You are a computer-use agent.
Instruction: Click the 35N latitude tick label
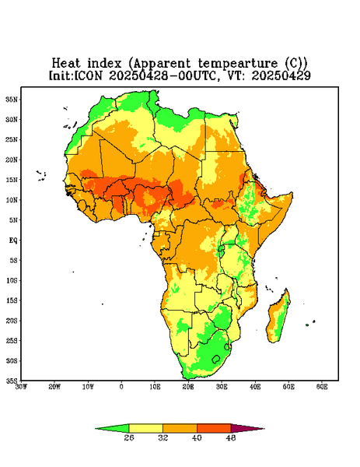tap(12, 99)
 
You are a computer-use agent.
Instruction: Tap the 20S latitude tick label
tap(12, 321)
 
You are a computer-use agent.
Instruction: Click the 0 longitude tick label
tap(121, 387)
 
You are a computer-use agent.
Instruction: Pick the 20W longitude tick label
tap(54, 387)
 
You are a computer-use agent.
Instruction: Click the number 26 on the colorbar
tap(129, 437)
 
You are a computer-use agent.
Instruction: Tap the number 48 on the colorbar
tap(231, 437)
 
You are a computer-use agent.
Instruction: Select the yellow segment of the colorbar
tap(145, 429)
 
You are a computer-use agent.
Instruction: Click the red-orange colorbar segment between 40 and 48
tap(214, 429)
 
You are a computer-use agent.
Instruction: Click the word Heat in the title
tap(66, 64)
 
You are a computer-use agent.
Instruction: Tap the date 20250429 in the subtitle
tap(281, 75)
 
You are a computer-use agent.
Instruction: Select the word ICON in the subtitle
tap(88, 75)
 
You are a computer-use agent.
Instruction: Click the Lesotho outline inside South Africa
tap(216, 359)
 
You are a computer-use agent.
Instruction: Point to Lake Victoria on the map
tap(222, 249)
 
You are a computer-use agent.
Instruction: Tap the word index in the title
tap(104, 64)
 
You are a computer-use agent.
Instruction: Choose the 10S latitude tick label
tap(12, 280)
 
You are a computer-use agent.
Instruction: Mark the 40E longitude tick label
tap(255, 387)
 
